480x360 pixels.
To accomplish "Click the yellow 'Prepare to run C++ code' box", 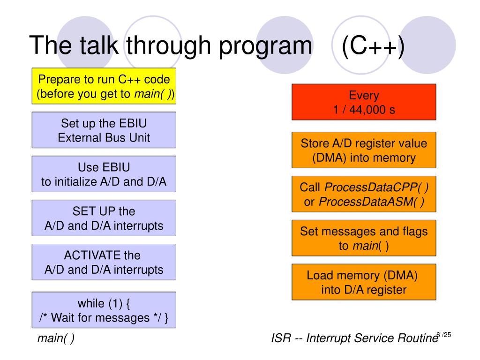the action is (104, 86).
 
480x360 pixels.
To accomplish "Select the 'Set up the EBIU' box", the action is (104, 130).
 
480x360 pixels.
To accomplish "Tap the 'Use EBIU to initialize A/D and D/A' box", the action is (104, 174).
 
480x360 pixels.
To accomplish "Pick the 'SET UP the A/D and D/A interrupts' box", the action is (104, 218).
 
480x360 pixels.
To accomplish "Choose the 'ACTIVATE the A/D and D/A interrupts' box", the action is (104, 262).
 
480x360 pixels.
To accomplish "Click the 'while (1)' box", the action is (104, 310).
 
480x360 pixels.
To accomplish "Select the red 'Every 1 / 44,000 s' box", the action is (364, 102).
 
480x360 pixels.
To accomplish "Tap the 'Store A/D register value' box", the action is (364, 150).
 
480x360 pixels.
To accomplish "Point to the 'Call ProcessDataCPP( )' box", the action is (364, 194).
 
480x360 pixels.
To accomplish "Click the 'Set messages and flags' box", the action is (364, 238).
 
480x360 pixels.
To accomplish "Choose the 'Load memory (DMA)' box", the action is (364, 282).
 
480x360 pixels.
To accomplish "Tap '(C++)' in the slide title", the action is (373, 46).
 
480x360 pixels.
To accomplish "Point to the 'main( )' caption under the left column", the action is (56, 338).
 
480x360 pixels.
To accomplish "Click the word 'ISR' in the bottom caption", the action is (281, 338).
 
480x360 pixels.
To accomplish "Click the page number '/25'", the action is (447, 335).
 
